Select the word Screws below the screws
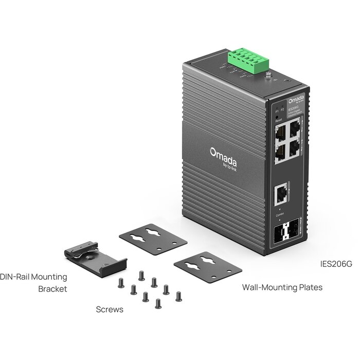click(x=110, y=310)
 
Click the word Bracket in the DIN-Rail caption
click(x=52, y=289)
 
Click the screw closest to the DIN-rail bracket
click(x=120, y=282)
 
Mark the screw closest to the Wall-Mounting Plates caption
click(x=178, y=296)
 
